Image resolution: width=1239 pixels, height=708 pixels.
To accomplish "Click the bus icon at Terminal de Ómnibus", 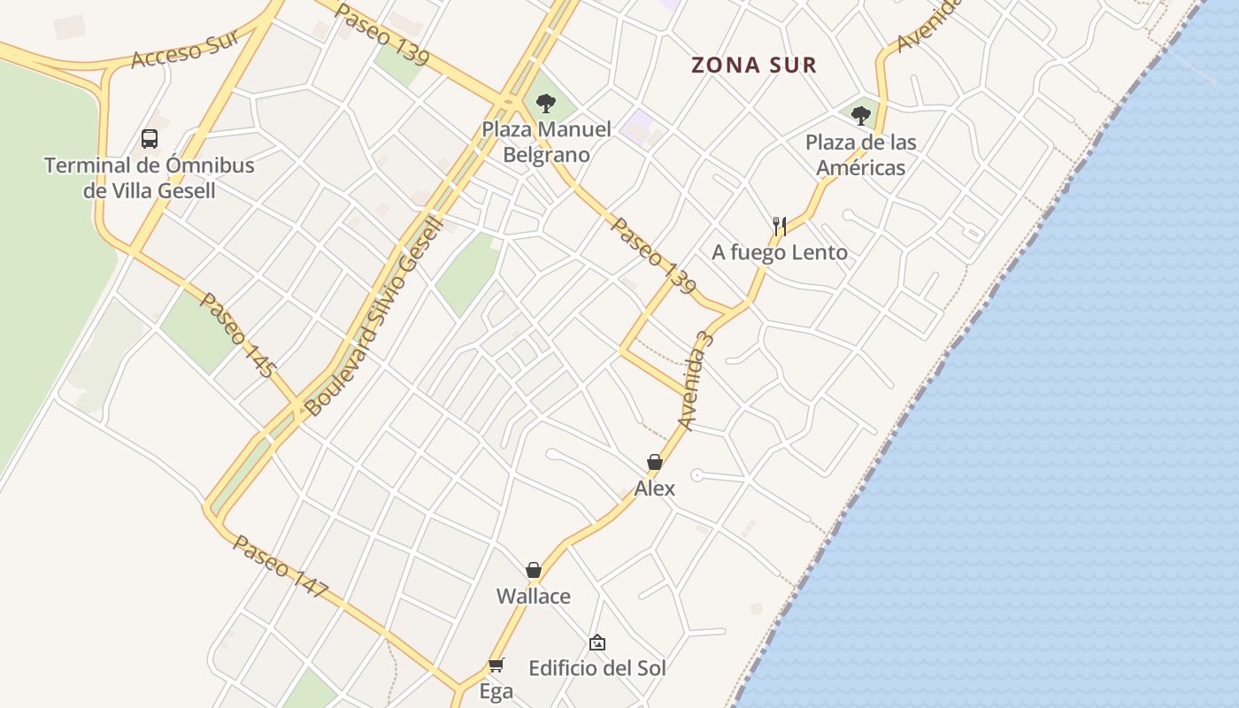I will (150, 138).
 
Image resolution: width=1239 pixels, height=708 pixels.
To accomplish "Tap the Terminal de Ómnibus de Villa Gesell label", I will (150, 178).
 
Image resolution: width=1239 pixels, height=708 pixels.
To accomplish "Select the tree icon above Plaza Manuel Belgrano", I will (546, 104).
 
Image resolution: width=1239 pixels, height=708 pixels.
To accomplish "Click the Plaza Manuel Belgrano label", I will (546, 142).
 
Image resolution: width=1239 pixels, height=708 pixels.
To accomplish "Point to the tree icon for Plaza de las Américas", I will (860, 115).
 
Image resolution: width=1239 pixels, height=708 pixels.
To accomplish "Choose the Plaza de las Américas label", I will (860, 155).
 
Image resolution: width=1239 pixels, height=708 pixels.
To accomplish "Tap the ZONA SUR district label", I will (753, 65).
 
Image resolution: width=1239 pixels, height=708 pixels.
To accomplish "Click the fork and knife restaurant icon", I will (779, 226).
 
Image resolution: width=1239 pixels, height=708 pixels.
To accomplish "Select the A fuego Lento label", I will (780, 252).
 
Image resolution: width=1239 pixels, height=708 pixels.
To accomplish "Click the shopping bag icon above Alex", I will (655, 462).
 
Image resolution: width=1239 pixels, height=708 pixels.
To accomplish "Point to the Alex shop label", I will (655, 488).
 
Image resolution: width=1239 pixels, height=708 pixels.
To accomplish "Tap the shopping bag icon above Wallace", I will (534, 570).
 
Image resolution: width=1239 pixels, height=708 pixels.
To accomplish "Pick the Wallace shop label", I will (534, 596).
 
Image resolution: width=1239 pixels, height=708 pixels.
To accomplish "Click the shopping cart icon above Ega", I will (496, 665).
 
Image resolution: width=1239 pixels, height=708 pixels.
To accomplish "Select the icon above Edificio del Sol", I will (597, 643).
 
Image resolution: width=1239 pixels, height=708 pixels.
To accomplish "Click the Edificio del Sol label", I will (597, 667).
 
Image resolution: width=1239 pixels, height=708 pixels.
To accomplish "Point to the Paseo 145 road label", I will (238, 335).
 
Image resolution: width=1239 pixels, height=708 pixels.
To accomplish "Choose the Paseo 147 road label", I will (281, 566).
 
